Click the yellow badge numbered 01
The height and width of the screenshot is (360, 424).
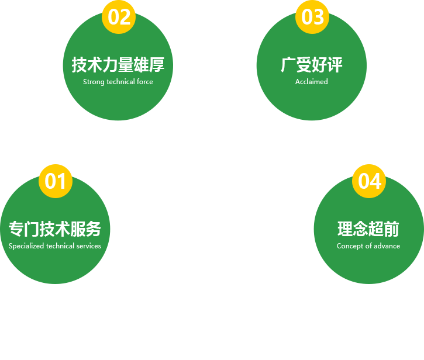pos(56,181)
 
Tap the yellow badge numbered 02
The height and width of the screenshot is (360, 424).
pos(119,17)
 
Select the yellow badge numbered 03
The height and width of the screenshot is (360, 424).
pos(312,17)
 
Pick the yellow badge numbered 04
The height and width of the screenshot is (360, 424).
pos(369,181)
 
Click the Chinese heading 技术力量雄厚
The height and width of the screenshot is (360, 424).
pos(118,64)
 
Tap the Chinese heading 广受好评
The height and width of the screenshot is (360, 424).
pos(312,64)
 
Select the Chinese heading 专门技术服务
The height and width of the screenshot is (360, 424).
pos(55,229)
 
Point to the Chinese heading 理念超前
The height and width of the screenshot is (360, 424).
pos(368,229)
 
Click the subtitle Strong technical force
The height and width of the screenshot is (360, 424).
pos(118,82)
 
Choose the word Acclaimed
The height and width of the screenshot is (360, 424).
pos(312,82)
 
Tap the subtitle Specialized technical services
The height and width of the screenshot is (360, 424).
pos(55,246)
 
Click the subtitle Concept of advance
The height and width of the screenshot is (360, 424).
pos(368,246)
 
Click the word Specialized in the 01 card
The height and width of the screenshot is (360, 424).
pos(26,246)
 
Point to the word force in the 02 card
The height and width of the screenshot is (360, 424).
pos(145,82)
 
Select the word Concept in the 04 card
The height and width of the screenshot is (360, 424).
pos(349,246)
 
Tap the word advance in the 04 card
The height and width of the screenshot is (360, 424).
pos(387,246)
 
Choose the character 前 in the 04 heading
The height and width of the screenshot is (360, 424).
pos(392,229)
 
